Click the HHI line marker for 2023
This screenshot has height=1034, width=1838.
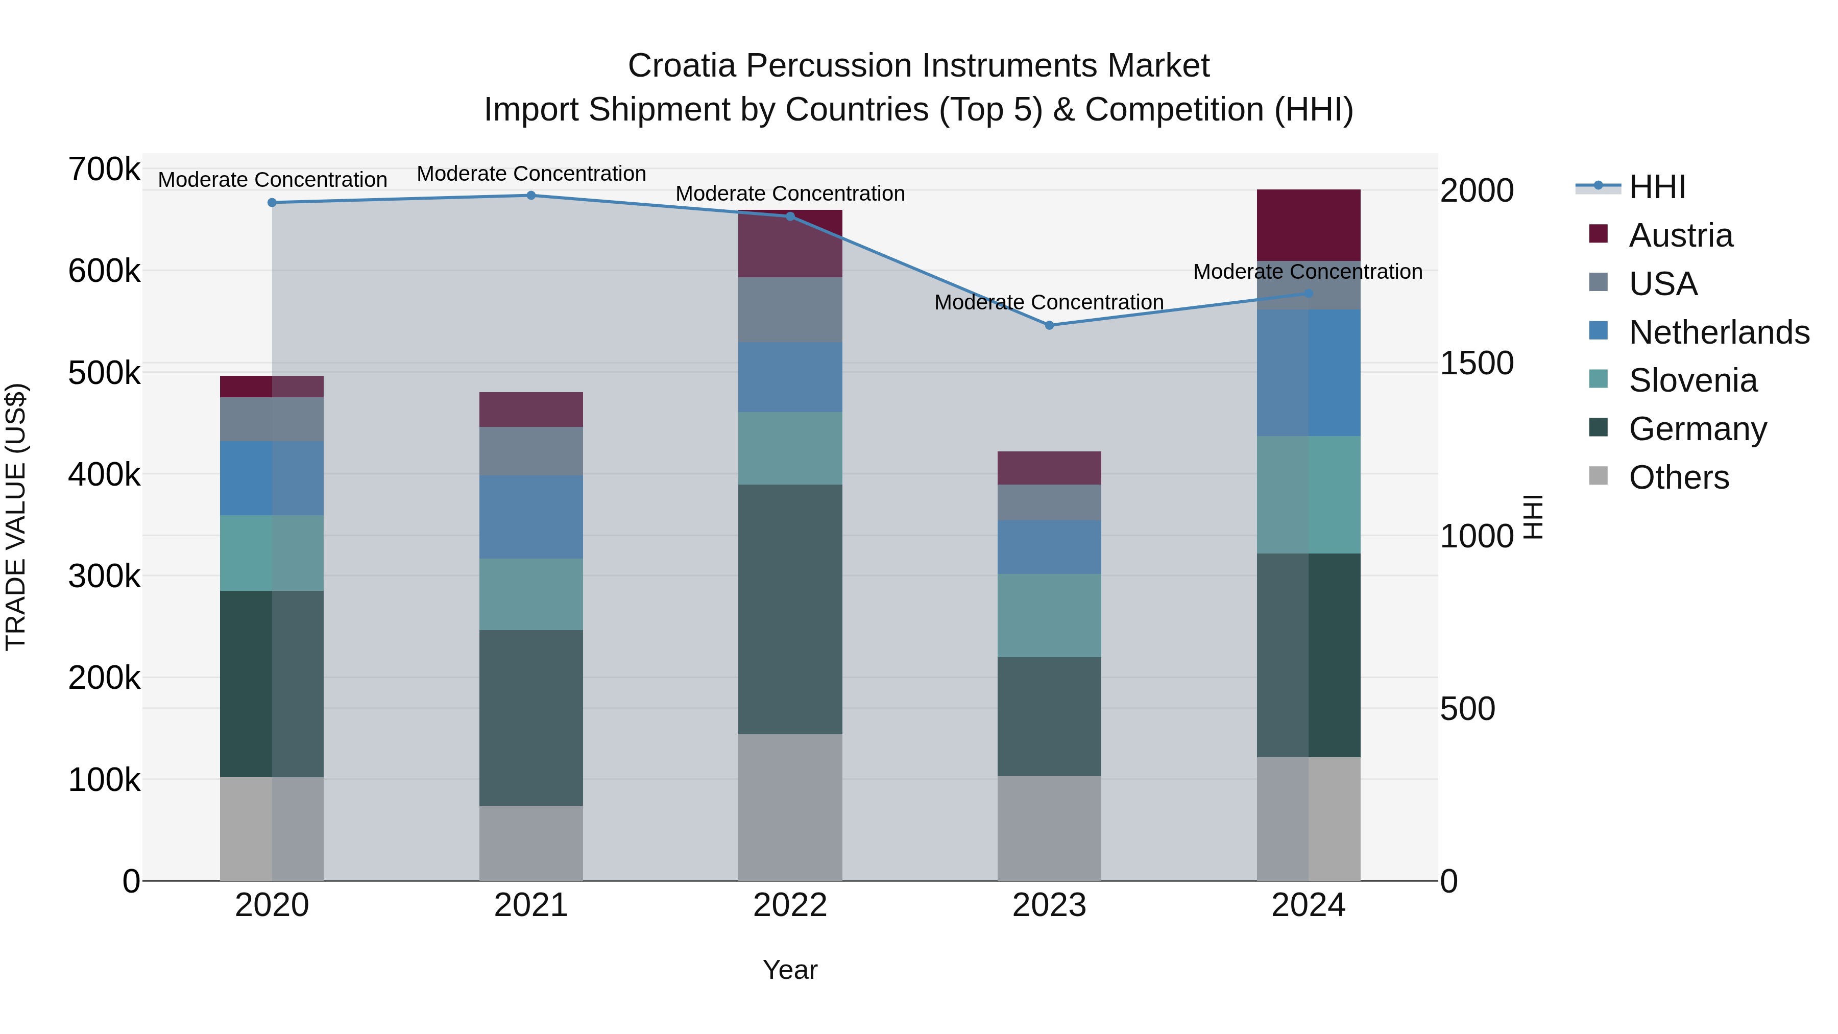(1049, 325)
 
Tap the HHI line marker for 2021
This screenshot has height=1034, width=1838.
(531, 196)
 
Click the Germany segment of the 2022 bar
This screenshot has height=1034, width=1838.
(790, 609)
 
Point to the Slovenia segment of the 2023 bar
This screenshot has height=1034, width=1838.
(1049, 615)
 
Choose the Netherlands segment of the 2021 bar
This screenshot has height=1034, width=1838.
(531, 517)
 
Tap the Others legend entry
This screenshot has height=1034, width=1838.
(1678, 477)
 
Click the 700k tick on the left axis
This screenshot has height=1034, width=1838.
(104, 170)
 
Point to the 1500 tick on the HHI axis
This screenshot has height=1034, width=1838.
(1476, 363)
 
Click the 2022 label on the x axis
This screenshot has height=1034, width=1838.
(790, 905)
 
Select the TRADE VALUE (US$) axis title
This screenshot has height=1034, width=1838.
(16, 517)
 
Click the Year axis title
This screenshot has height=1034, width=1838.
(790, 970)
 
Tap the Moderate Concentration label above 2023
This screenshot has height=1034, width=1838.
(1049, 303)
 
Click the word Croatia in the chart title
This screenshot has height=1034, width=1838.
(681, 66)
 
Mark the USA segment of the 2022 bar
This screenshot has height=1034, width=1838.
(790, 310)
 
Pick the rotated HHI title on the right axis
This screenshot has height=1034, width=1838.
(1533, 517)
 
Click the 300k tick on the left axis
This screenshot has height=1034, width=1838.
(104, 576)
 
